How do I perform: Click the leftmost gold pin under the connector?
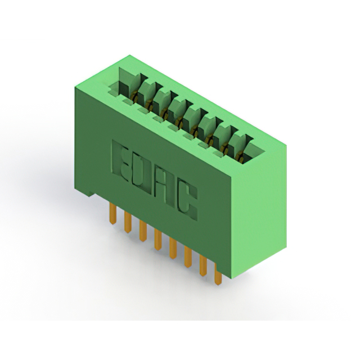pyautogui.click(x=113, y=213)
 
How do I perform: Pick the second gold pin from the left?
pyautogui.click(x=128, y=222)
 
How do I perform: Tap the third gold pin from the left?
pyautogui.click(x=143, y=231)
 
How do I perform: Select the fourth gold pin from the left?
pyautogui.click(x=158, y=240)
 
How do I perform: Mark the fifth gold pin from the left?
pyautogui.click(x=173, y=249)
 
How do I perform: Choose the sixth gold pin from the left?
pyautogui.click(x=188, y=257)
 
